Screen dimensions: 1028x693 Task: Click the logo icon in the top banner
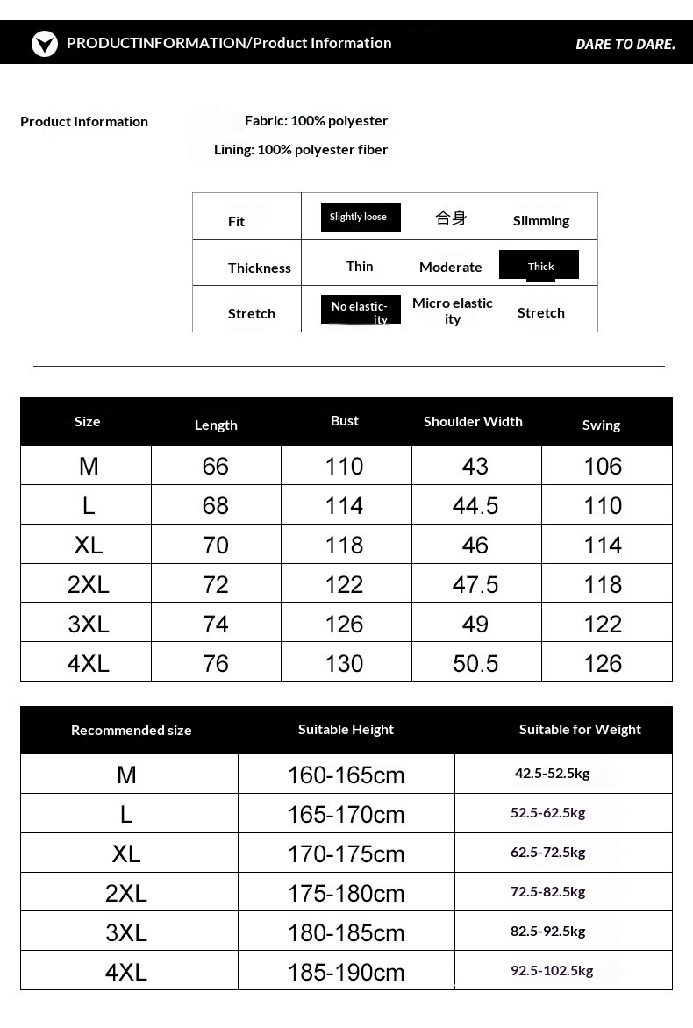45,43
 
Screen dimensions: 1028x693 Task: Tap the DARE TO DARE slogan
625,44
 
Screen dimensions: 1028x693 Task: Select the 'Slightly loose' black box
360,217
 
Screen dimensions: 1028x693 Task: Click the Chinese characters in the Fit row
451,218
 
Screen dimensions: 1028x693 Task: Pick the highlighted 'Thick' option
539,266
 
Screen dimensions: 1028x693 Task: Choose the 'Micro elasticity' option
453,311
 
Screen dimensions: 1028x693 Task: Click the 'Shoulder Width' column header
473,421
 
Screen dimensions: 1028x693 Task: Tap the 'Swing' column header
601,425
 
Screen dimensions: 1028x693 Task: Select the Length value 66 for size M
216,466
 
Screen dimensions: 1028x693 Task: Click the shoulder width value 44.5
475,505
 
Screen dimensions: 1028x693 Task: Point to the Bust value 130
344,663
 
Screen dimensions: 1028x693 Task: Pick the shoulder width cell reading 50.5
475,663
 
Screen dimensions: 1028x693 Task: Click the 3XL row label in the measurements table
89,624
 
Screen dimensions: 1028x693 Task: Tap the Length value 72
216,584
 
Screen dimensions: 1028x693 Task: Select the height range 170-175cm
346,853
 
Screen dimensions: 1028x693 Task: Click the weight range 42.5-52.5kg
552,773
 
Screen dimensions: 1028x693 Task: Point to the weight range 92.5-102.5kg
552,970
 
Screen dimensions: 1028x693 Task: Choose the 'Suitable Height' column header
346,729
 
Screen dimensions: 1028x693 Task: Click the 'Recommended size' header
131,730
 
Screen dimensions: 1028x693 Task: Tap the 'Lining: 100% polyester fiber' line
301,149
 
